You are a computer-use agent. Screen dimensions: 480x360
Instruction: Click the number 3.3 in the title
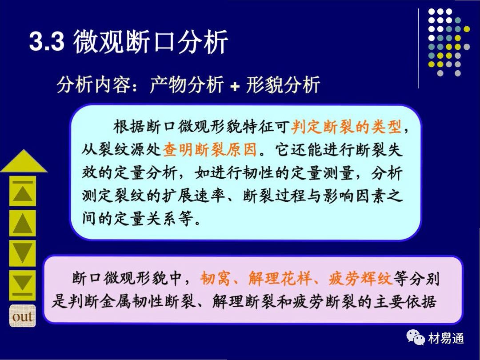[x=47, y=41]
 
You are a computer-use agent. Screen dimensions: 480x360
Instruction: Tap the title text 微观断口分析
[x=150, y=42]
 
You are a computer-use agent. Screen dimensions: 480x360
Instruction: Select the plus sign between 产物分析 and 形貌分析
[x=235, y=86]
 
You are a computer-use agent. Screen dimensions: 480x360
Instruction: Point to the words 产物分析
[x=186, y=84]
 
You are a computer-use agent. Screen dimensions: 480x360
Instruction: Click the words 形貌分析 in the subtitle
[x=283, y=84]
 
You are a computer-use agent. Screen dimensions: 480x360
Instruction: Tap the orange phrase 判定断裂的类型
[x=346, y=127]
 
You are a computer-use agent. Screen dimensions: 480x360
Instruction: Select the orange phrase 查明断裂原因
[x=210, y=150]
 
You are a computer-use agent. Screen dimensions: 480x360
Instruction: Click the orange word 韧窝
[x=215, y=279]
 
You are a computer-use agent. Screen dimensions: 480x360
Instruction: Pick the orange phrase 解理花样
[x=280, y=279]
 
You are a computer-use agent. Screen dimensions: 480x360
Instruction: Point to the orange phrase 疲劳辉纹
[x=360, y=279]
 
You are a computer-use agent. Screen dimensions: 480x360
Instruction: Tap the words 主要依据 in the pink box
[x=404, y=301]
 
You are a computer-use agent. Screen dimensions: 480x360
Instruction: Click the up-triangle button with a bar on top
[x=23, y=191]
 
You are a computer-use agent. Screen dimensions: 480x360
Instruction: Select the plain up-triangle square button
[x=23, y=223]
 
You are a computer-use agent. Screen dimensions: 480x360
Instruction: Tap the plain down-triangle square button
[x=23, y=253]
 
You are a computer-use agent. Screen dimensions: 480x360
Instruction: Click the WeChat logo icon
[x=416, y=338]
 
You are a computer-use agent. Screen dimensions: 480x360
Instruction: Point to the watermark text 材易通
[x=446, y=338]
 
